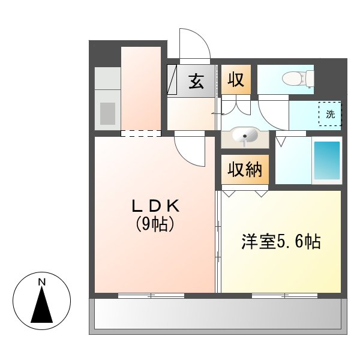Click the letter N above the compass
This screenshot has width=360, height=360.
41,281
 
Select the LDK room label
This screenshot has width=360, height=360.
155,206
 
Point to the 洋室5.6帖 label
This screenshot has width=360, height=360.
281,242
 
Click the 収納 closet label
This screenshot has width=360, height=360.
245,170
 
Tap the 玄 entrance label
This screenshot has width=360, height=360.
196,81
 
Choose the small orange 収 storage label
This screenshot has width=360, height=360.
236,80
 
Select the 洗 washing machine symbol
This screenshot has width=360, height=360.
329,114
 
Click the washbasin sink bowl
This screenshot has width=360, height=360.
244,137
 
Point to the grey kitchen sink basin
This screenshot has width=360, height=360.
107,113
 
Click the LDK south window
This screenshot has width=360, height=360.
151,295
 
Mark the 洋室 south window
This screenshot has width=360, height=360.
284,295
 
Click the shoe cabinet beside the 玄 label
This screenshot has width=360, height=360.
173,80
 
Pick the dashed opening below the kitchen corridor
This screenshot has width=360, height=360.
141,133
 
